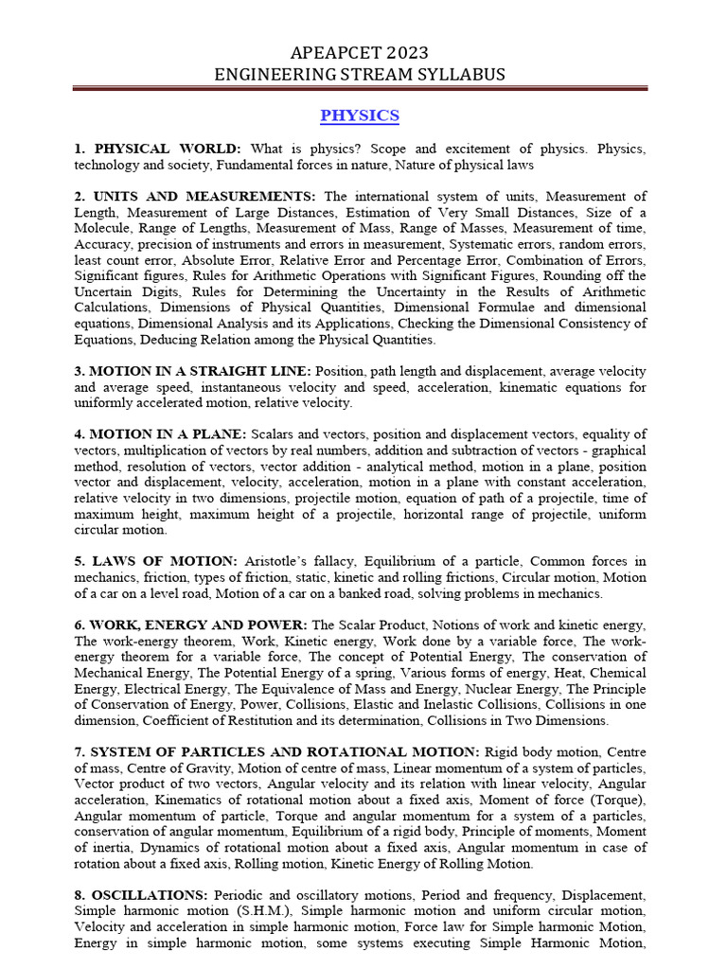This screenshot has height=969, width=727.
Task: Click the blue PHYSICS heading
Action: click(360, 115)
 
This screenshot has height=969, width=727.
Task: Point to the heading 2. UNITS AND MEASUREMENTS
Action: click(197, 196)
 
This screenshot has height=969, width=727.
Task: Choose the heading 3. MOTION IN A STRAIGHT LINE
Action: click(193, 371)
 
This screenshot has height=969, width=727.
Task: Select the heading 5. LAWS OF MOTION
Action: click(155, 561)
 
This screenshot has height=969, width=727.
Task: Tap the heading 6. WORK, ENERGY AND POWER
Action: click(190, 625)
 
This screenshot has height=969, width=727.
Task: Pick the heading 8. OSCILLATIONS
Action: click(141, 894)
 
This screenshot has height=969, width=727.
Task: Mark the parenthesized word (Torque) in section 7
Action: click(614, 800)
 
